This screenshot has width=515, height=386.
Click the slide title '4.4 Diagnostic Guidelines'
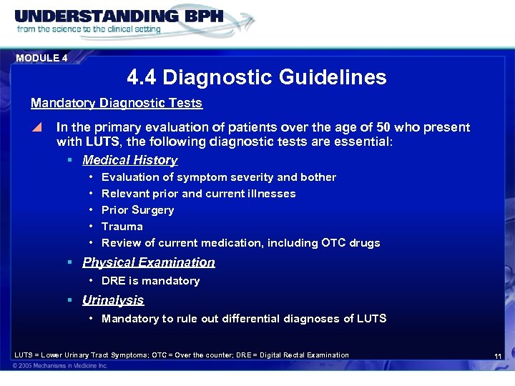point(256,77)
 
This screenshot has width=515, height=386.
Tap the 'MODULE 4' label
point(41,58)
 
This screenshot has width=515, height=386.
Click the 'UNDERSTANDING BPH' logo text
point(119,16)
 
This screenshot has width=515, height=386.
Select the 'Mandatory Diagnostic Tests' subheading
point(117,103)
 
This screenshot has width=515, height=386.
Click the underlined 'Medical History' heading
point(129,160)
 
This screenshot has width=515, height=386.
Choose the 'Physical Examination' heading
point(148,262)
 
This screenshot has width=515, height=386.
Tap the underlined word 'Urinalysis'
point(113,300)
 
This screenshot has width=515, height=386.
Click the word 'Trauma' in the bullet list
point(122,227)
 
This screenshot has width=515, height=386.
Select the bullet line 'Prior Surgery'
point(137,210)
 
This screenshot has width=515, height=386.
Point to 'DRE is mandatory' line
point(150,281)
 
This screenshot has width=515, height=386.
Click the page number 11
point(499,356)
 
